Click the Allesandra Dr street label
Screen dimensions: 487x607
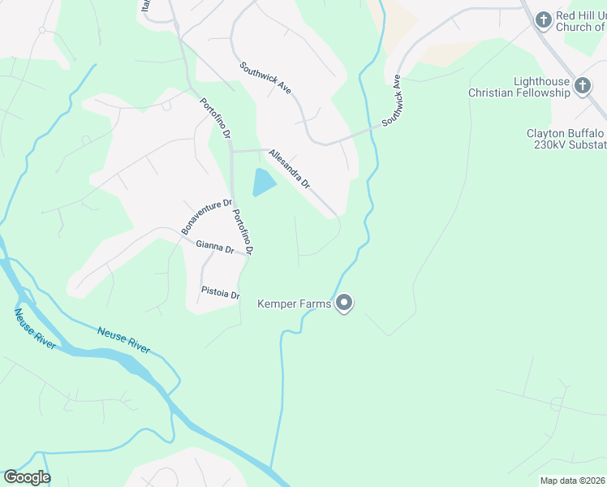(290, 169)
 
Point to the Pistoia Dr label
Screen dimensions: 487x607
(221, 292)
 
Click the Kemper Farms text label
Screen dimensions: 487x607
(294, 304)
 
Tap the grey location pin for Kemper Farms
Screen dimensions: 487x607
(344, 304)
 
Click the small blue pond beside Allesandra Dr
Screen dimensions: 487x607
(264, 183)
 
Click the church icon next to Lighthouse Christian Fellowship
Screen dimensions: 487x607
(582, 85)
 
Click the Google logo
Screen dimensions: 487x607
(27, 477)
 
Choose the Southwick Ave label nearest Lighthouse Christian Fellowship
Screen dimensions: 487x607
(393, 99)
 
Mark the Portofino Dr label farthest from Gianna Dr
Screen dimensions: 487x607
(216, 119)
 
